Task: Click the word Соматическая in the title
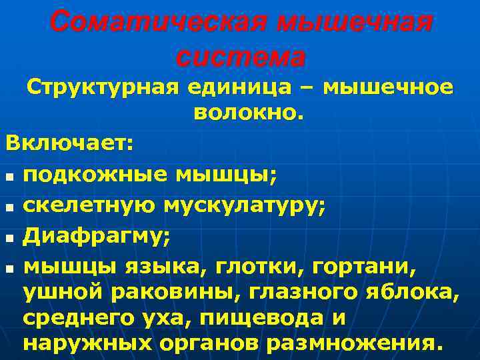pyautogui.click(x=157, y=23)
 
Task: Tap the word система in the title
pyautogui.click(x=241, y=56)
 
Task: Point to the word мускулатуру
pyautogui.click(x=250, y=205)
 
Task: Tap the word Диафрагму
pyautogui.click(x=97, y=235)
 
